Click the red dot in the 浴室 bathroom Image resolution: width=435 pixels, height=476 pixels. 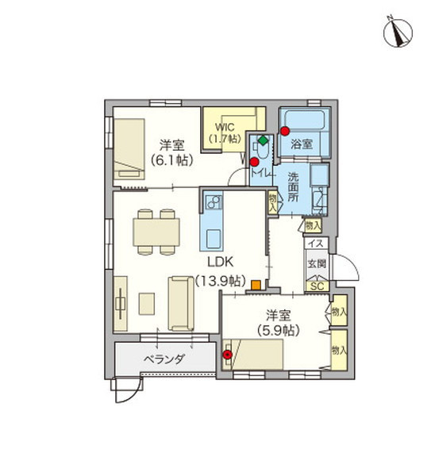283,132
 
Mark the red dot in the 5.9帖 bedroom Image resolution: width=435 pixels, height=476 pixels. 229,354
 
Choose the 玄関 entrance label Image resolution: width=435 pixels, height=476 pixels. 315,263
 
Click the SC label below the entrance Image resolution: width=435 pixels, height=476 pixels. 316,286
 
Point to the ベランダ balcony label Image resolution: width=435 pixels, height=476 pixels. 164,359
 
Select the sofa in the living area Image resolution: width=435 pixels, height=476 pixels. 180,303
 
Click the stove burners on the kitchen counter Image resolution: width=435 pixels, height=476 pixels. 213,203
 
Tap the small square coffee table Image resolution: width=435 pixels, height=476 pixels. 146,304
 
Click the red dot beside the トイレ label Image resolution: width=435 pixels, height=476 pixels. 254,161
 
